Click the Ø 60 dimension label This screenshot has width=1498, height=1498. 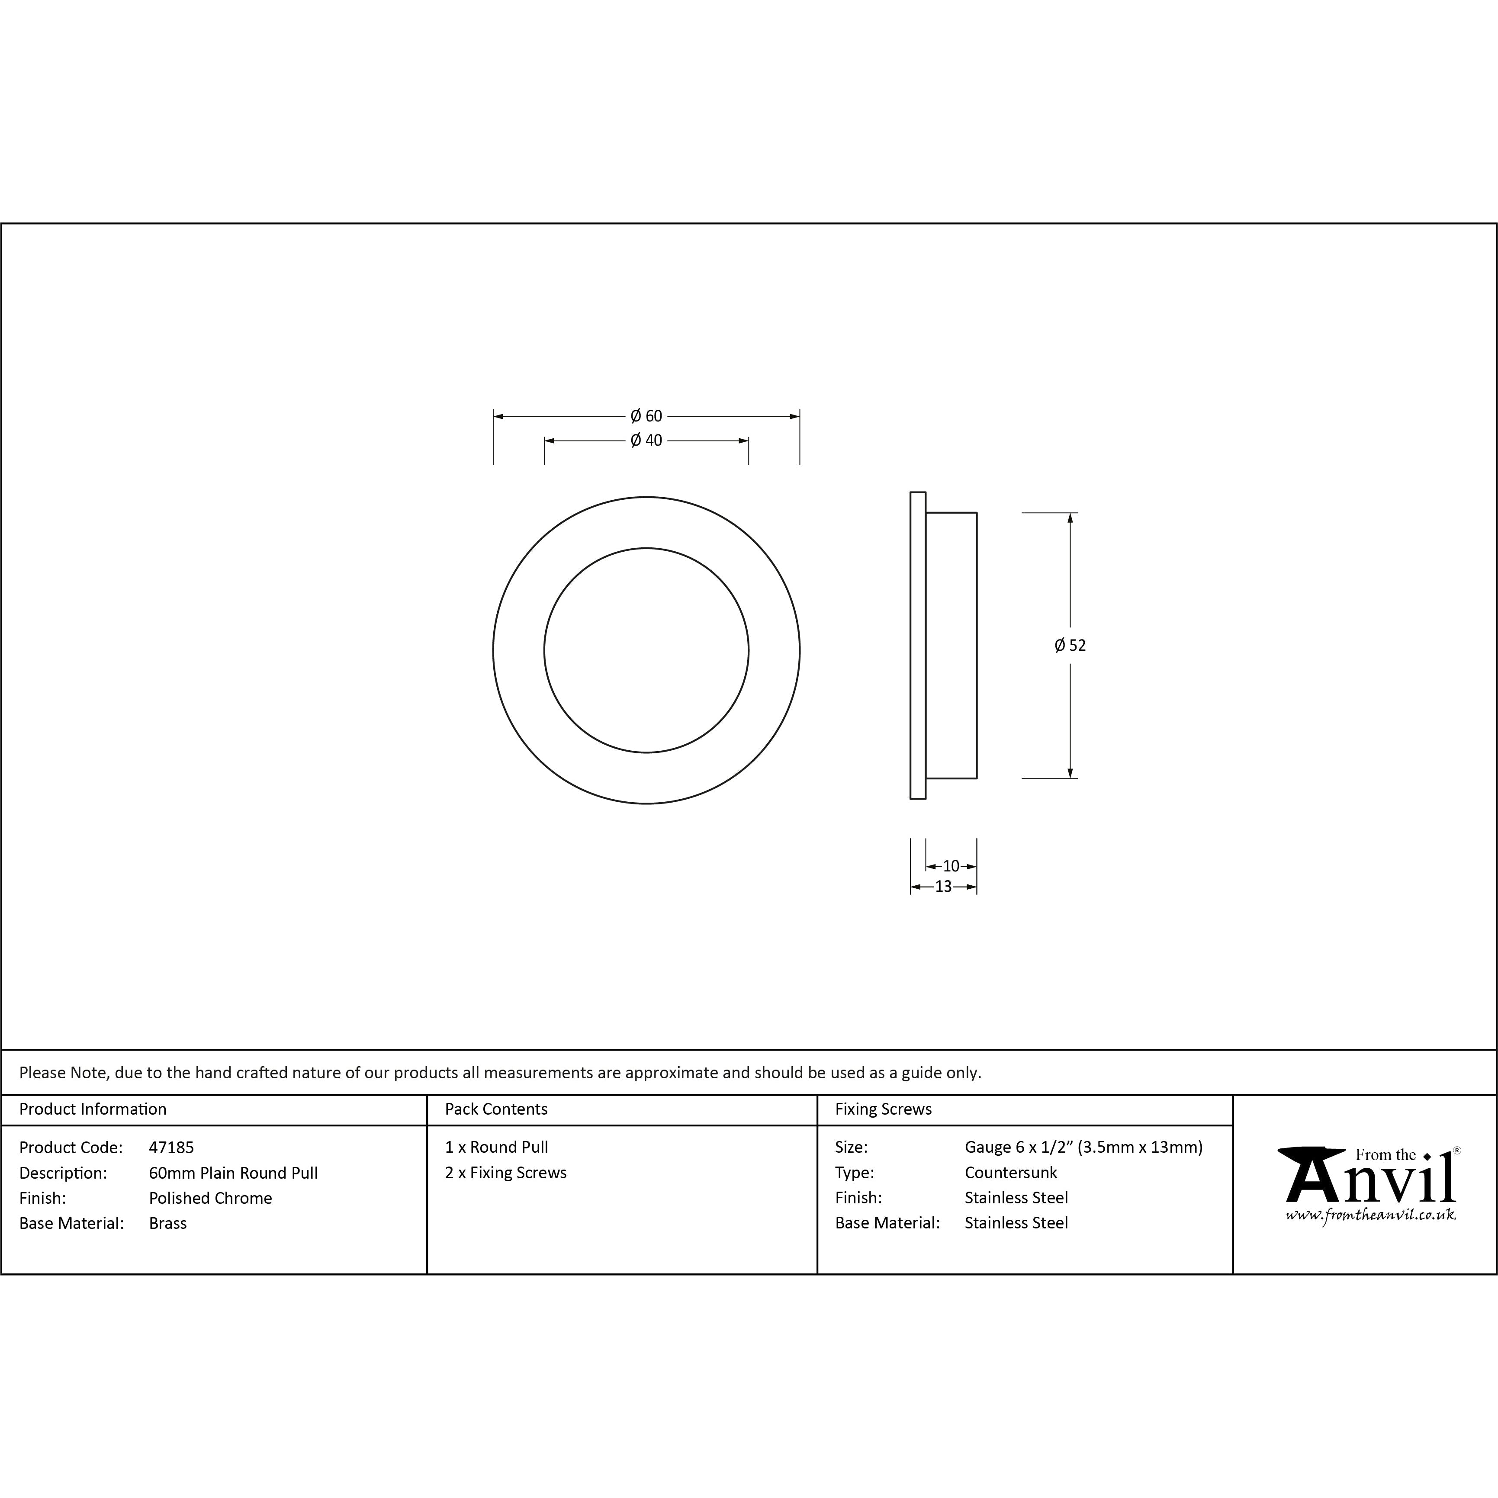tap(646, 416)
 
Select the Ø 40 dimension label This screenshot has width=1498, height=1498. tap(646, 440)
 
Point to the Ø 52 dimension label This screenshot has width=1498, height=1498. tap(1070, 645)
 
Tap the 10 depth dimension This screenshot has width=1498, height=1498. tap(952, 866)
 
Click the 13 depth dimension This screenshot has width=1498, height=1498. tap(943, 886)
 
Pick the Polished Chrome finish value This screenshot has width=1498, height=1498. tap(210, 1198)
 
